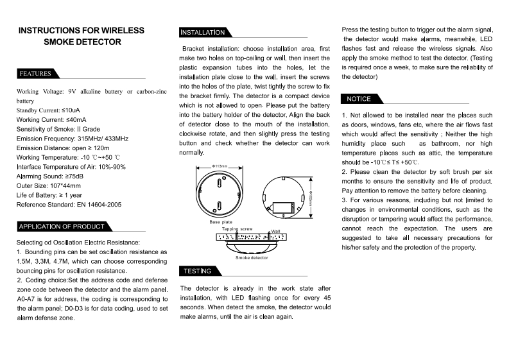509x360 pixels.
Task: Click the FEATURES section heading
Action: [35, 74]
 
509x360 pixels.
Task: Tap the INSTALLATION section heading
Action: [202, 33]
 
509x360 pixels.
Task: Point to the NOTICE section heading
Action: [359, 99]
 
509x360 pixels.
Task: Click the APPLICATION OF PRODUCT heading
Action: [62, 227]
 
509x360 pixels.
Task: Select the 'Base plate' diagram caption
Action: [221, 222]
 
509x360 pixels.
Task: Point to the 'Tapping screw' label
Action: [237, 229]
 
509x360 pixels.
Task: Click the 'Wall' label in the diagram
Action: [276, 231]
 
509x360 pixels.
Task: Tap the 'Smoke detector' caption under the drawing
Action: [251, 257]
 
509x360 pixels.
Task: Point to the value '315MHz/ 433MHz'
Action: [103, 139]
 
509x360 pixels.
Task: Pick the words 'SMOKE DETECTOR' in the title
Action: [82, 42]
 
